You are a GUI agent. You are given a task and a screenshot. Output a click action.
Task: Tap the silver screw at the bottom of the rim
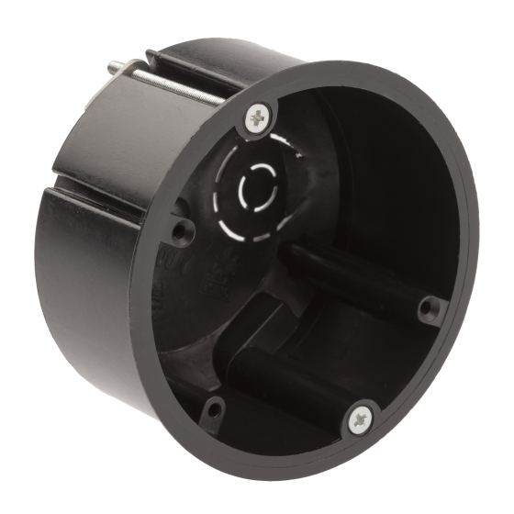click(360, 420)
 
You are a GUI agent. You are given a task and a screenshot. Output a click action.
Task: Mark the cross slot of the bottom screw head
click(360, 420)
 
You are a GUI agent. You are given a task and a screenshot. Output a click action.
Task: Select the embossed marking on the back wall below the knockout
click(220, 275)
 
